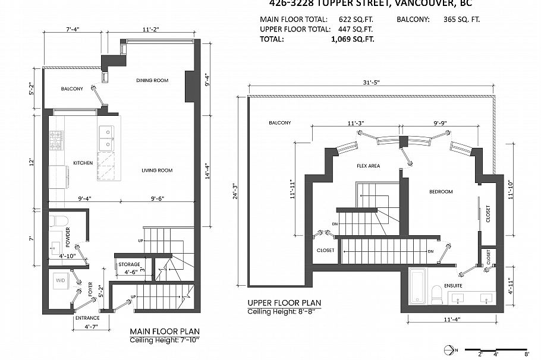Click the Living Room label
157,170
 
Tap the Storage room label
129,264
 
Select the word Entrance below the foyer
86,318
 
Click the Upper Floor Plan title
284,303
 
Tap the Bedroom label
441,192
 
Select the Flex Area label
368,166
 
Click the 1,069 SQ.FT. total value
353,39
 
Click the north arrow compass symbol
448,349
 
